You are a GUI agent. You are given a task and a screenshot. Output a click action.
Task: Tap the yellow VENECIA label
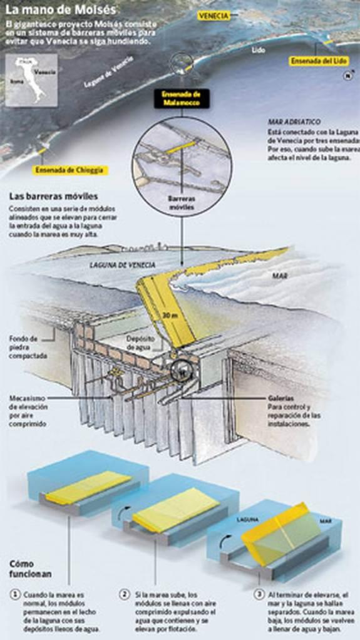213,15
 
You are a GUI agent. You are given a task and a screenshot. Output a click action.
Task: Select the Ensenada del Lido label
319,61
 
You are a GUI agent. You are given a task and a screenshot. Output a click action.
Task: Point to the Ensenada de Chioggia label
69,170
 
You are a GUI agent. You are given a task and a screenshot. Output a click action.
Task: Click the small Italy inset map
31,80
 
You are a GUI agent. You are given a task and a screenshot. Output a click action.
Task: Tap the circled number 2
125,593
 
